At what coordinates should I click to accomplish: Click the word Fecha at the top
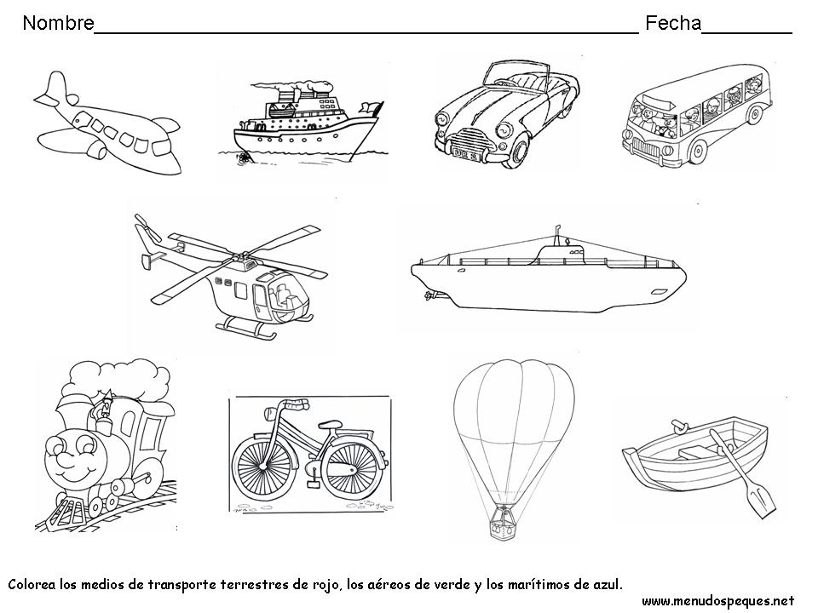(x=672, y=24)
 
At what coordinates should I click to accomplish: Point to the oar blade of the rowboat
(x=762, y=501)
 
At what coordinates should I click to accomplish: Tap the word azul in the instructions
(x=605, y=585)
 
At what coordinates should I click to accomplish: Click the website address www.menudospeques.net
(x=717, y=601)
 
